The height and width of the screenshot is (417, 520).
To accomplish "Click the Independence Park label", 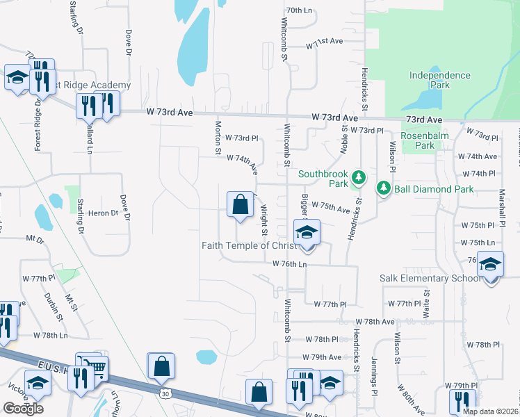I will (x=439, y=80).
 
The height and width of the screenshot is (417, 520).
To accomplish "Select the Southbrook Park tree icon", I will (x=359, y=178).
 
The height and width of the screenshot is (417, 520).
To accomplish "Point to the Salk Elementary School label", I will (x=430, y=279).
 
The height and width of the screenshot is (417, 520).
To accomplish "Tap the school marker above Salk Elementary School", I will (x=491, y=265).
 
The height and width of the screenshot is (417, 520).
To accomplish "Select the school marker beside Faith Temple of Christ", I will (x=306, y=234).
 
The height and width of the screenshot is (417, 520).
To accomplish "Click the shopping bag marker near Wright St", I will (x=240, y=205).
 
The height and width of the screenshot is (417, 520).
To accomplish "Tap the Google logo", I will (x=23, y=409).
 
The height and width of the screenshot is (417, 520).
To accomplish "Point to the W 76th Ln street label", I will (x=290, y=264).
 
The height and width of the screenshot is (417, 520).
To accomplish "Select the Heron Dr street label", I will (x=104, y=213).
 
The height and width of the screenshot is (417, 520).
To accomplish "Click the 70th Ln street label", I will (x=300, y=10).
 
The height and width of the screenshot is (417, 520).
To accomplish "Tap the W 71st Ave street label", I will (x=325, y=42).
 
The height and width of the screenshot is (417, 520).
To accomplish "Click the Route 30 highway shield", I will (x=165, y=393).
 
